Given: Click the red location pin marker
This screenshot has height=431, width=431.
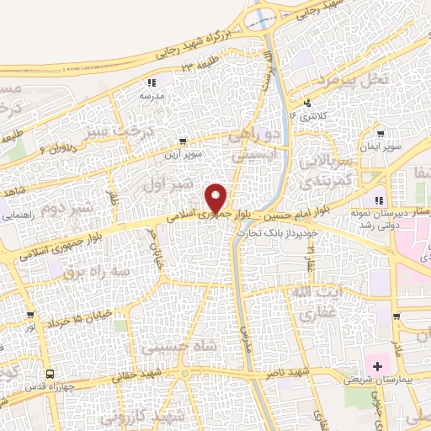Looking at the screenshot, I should (215, 198).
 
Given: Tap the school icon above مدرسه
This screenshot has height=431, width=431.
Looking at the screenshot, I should (152, 83).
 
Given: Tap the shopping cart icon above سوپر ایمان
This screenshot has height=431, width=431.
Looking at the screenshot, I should (380, 133).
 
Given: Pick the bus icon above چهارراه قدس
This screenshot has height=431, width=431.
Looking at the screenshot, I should (51, 374).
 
